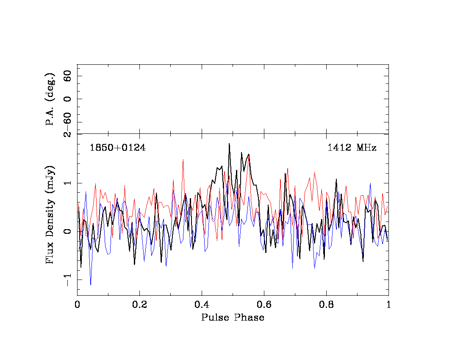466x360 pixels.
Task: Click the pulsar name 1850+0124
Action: pyautogui.click(x=117, y=148)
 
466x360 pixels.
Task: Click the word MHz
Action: pyautogui.click(x=366, y=148)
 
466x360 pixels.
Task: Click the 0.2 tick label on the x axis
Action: pyautogui.click(x=139, y=305)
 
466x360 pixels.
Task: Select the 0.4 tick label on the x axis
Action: pyautogui.click(x=202, y=305)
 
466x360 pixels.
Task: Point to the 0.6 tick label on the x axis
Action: pyautogui.click(x=264, y=305)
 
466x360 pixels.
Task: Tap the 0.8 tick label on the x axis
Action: pyautogui.click(x=326, y=305)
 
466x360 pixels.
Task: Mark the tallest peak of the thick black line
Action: pyautogui.click(x=229, y=144)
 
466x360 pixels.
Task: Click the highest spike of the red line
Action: pyautogui.click(x=183, y=160)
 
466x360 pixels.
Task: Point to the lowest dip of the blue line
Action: pyautogui.click(x=91, y=285)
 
